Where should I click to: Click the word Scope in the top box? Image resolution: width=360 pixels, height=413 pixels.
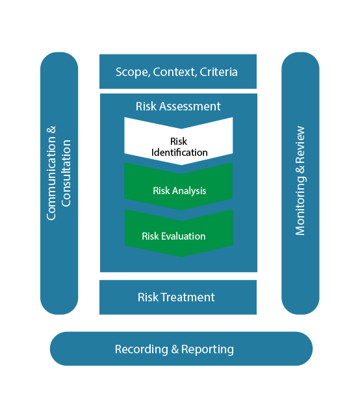pos(132,71)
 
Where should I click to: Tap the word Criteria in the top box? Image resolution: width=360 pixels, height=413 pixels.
pos(218,71)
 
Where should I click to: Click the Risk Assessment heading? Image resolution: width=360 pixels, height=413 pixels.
pos(178,106)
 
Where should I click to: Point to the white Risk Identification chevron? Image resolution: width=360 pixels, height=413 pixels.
pos(178,140)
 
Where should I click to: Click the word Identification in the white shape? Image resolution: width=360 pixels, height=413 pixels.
pos(179,153)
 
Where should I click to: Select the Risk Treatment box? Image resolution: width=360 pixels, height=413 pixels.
pos(177,297)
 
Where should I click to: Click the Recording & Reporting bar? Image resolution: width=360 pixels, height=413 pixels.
pos(181,349)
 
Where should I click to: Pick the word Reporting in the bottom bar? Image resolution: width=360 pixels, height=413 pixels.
pos(207,349)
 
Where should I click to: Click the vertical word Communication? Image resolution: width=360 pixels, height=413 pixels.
pos(52,173)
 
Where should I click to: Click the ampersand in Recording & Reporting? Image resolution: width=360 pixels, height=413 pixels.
pos(174,349)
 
